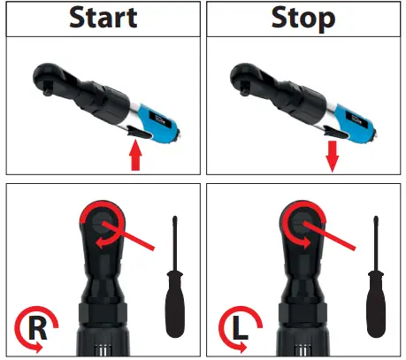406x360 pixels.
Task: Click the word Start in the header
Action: tap(102, 19)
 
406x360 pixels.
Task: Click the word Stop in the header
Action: tap(303, 19)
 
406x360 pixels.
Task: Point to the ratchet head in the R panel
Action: tap(103, 222)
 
